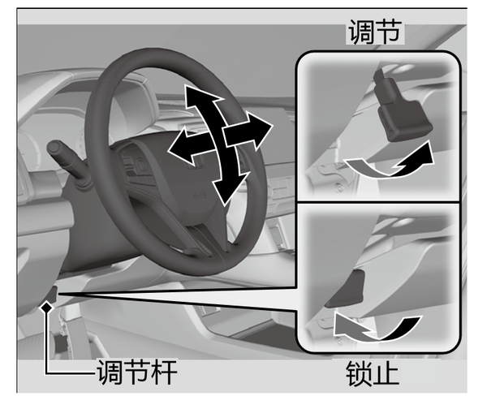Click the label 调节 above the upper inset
[x=375, y=32]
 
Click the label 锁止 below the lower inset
[x=372, y=373]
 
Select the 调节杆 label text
[x=136, y=372]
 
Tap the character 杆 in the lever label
[x=164, y=372]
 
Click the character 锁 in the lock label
[x=359, y=373]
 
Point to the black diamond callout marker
[x=47, y=308]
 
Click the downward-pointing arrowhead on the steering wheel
[x=229, y=188]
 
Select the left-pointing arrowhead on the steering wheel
[x=182, y=145]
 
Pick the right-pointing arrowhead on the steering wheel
[x=261, y=130]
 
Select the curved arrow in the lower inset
[x=377, y=328]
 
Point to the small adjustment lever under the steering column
[x=54, y=295]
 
